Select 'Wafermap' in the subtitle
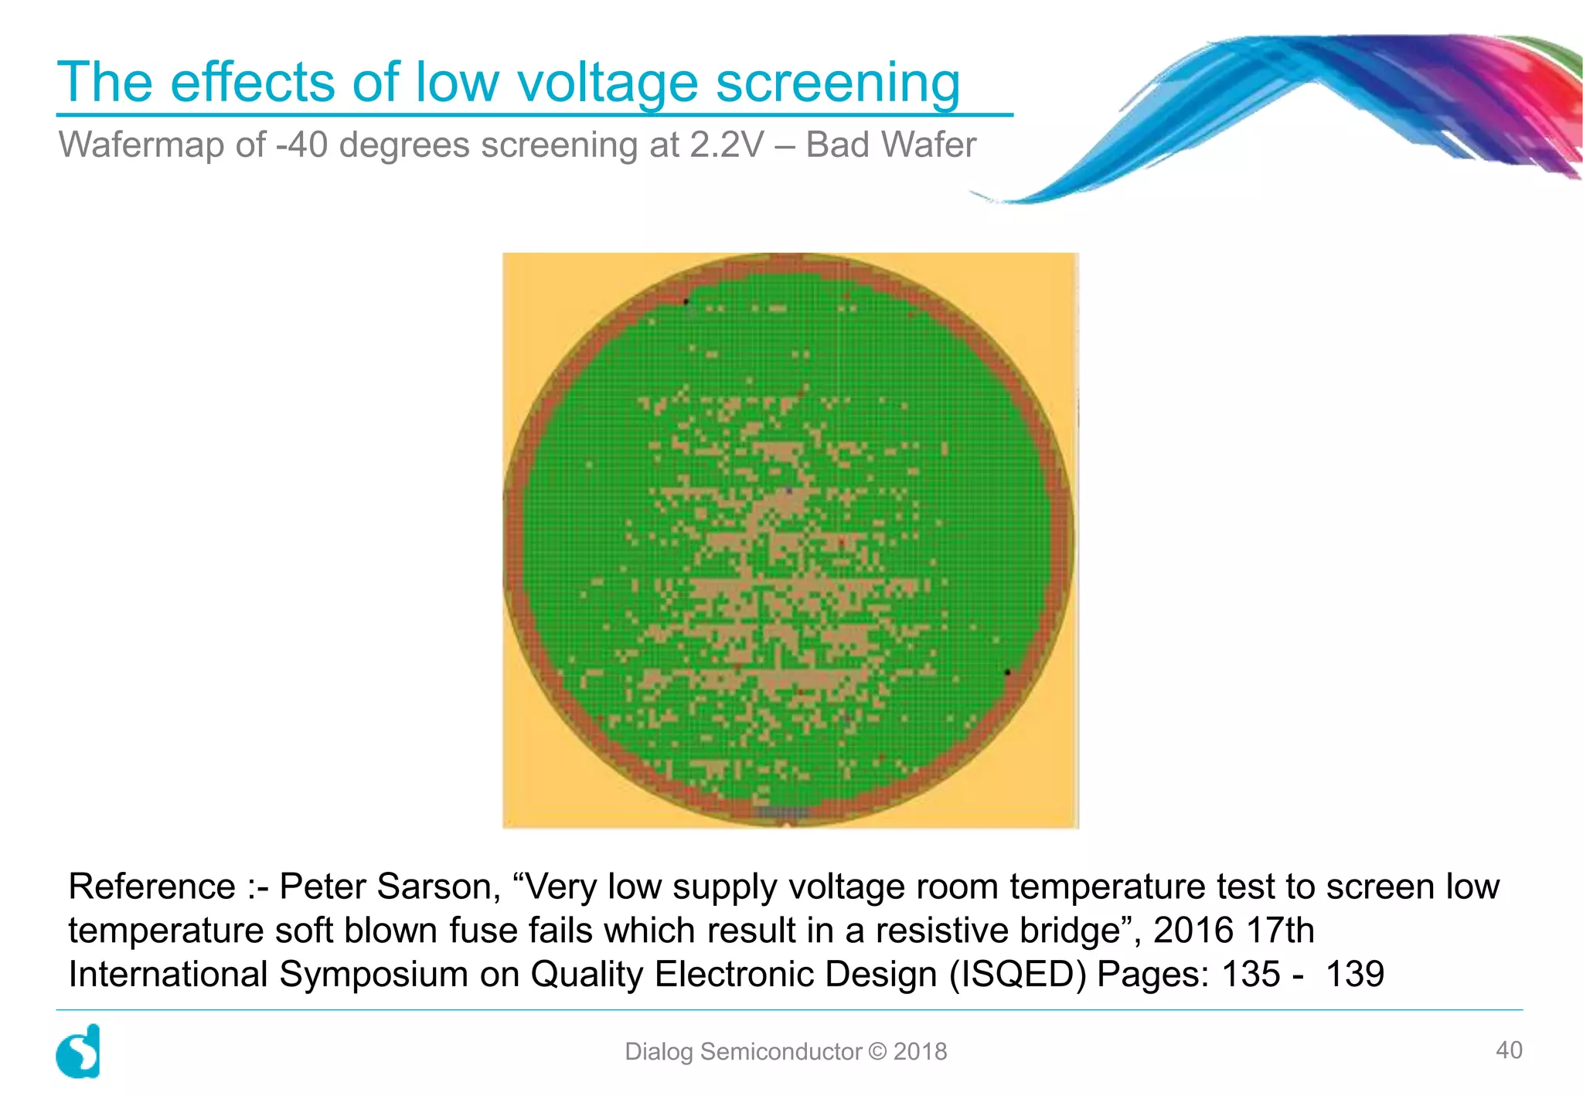click(162, 145)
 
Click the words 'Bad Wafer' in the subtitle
click(890, 145)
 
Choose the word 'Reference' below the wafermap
click(151, 887)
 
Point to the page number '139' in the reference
click(1354, 974)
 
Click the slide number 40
click(1509, 1050)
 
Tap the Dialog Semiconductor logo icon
click(79, 1051)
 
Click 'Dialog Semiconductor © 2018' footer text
click(785, 1052)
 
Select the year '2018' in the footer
click(920, 1052)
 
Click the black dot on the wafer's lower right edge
click(1007, 672)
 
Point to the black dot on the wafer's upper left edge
click(686, 301)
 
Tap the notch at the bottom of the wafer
click(787, 824)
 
